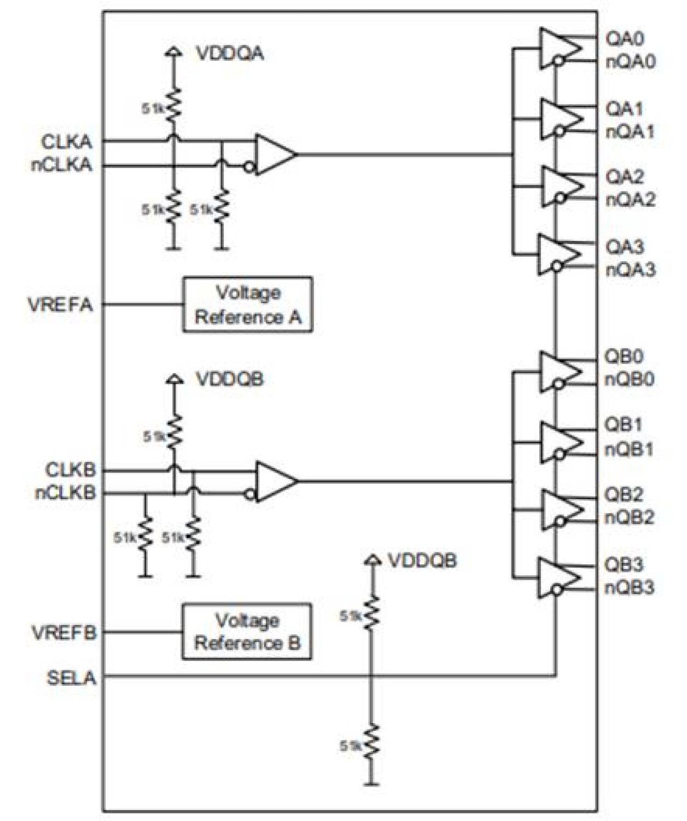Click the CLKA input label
pyautogui.click(x=66, y=142)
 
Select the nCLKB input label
pyautogui.click(x=65, y=493)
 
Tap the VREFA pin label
pyautogui.click(x=60, y=304)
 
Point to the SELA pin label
pyautogui.click(x=71, y=678)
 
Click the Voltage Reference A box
pyautogui.click(x=247, y=304)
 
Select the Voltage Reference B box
pyautogui.click(x=247, y=631)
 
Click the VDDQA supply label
pyautogui.click(x=230, y=53)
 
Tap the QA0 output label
pyautogui.click(x=624, y=38)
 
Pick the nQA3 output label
pyautogui.click(x=630, y=270)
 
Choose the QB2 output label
pyautogui.click(x=623, y=494)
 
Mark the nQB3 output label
pyautogui.click(x=629, y=588)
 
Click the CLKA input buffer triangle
pyautogui.click(x=275, y=154)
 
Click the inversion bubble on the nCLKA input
pyautogui.click(x=249, y=167)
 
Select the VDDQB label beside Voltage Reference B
pyautogui.click(x=422, y=560)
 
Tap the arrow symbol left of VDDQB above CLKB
pyautogui.click(x=174, y=378)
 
